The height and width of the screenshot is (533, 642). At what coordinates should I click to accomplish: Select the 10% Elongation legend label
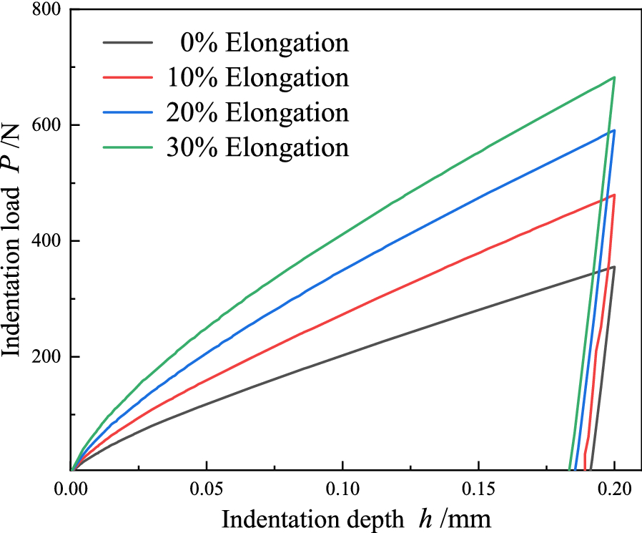point(258,77)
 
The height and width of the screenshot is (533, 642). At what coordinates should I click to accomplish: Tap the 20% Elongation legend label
point(258,112)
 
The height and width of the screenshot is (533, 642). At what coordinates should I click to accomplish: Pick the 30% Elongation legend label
point(258,147)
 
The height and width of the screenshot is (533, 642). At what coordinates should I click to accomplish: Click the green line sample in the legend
point(128,147)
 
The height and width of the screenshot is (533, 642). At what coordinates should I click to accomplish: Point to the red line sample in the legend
point(128,77)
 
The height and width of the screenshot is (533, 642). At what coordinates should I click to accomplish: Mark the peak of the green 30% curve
point(613,77)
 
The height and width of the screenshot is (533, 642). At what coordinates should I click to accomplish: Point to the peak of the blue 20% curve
point(613,130)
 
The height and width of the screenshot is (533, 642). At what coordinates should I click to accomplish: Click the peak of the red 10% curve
point(613,195)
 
